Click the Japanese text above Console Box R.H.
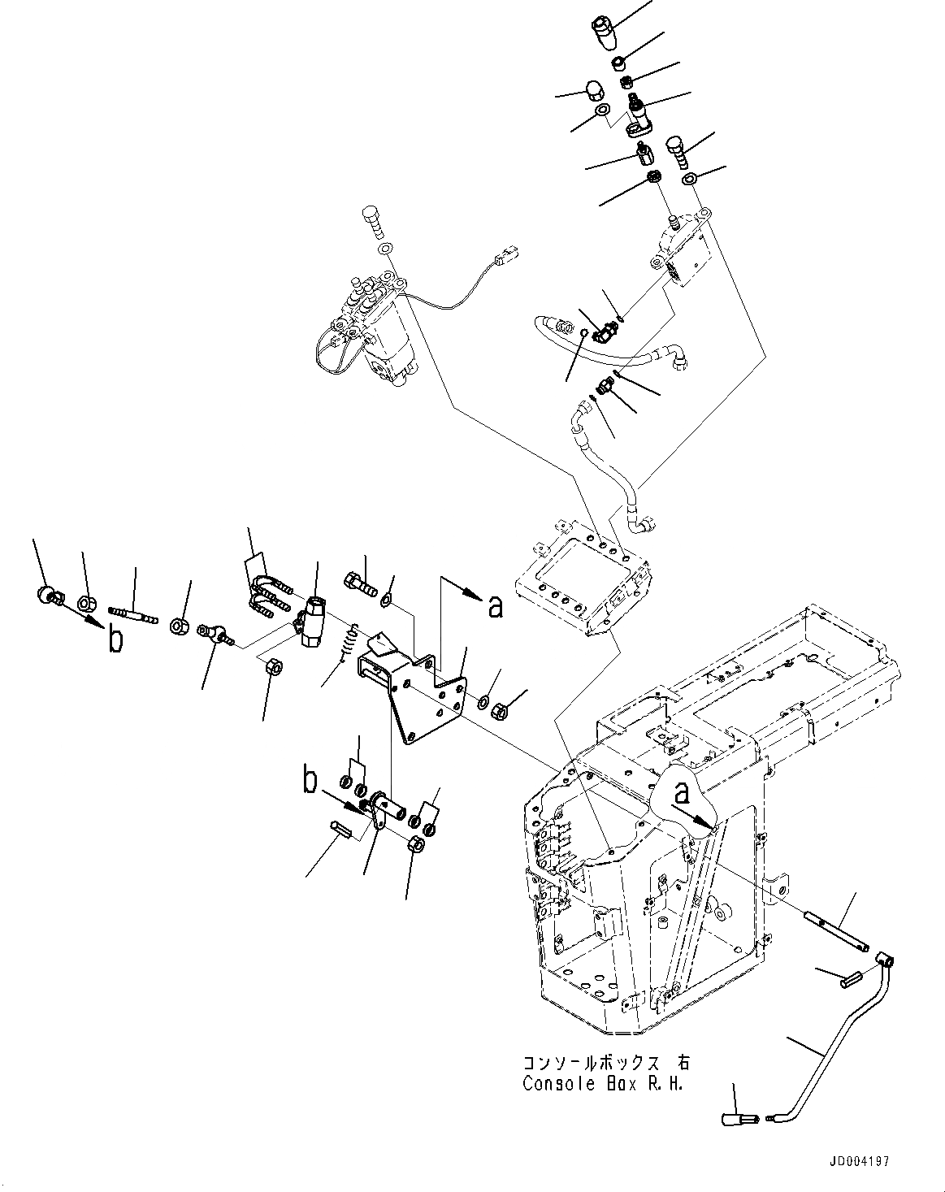(x=605, y=1063)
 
